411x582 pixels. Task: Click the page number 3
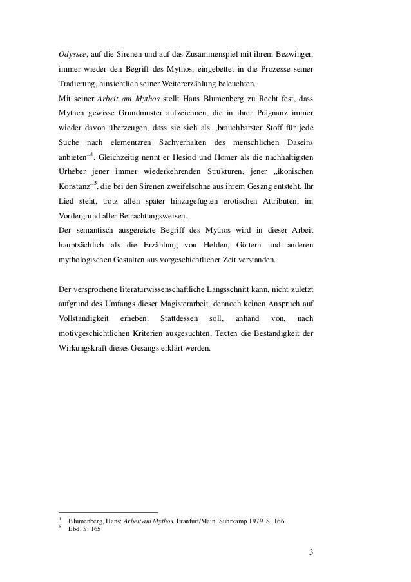point(311,552)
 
